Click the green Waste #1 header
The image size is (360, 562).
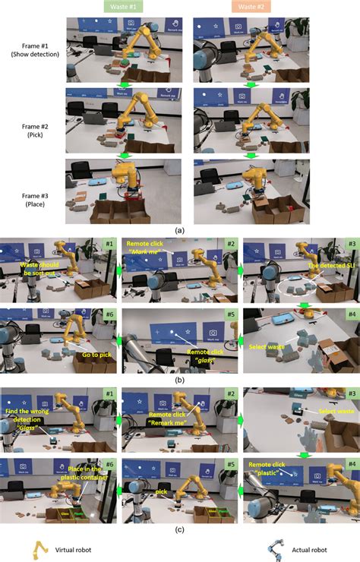coord(126,6)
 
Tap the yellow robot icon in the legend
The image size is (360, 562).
coord(37,548)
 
